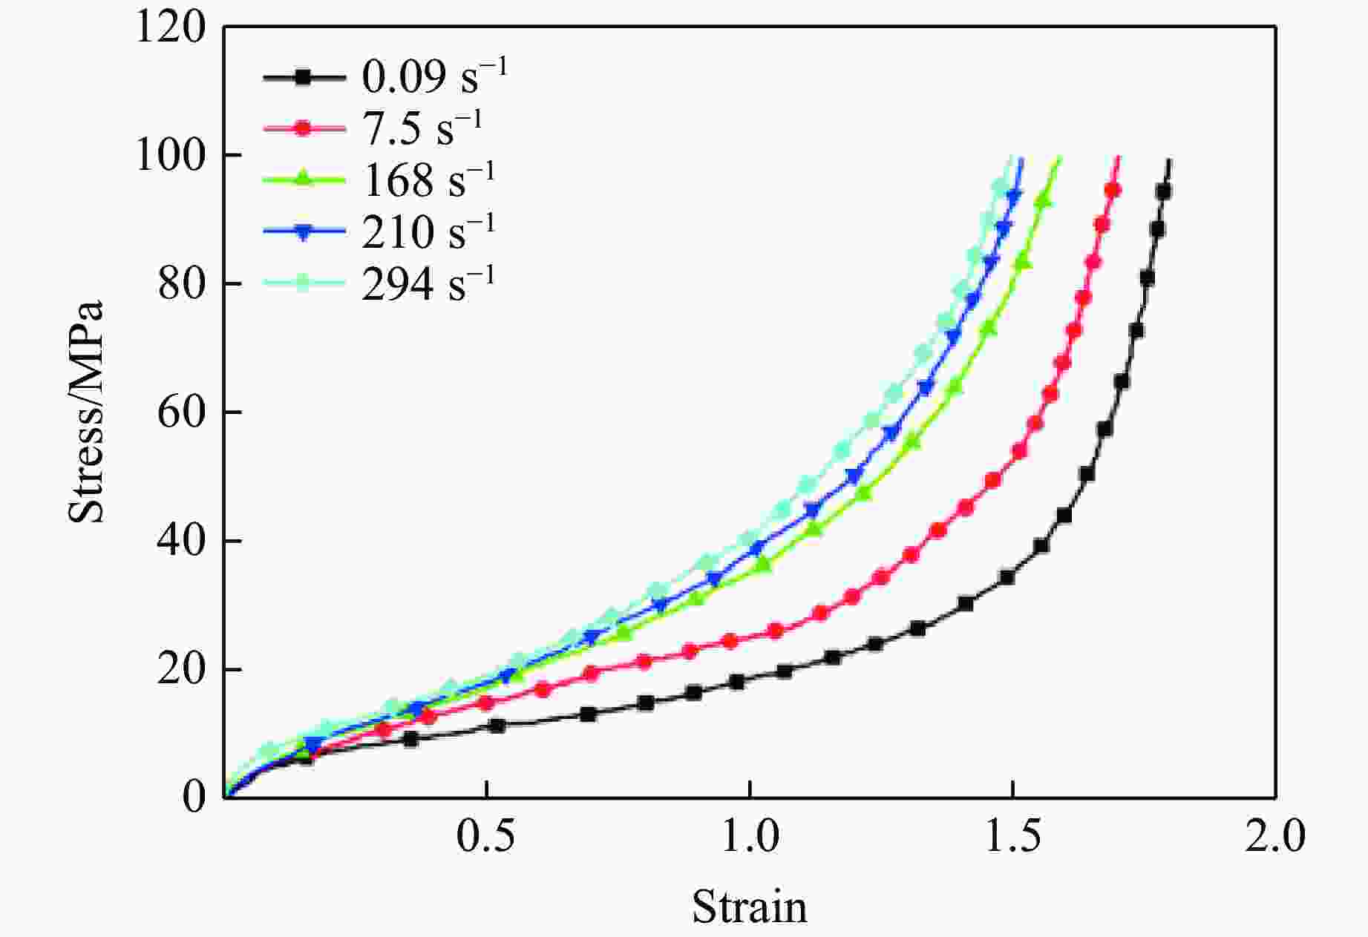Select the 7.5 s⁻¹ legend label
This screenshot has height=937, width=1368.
coord(422,128)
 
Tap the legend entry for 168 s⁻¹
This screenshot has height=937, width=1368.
coord(428,180)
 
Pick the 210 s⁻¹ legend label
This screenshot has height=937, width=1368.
coord(428,231)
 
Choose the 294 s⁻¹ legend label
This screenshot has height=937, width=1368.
coord(428,283)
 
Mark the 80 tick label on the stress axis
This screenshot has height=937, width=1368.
coord(181,285)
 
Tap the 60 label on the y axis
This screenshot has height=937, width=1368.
coord(181,413)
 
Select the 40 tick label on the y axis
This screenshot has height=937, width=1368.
coord(181,542)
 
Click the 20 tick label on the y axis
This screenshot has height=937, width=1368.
coord(181,670)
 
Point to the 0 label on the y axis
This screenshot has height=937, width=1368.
coord(194,798)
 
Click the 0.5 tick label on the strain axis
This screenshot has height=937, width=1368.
coord(485,838)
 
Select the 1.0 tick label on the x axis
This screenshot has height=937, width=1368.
coord(750,838)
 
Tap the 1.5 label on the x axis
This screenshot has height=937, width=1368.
coord(1012,838)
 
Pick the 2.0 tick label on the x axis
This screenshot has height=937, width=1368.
coord(1274,838)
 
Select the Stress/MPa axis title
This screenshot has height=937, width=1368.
coord(86,412)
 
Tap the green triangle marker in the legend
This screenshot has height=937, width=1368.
coord(304,179)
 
